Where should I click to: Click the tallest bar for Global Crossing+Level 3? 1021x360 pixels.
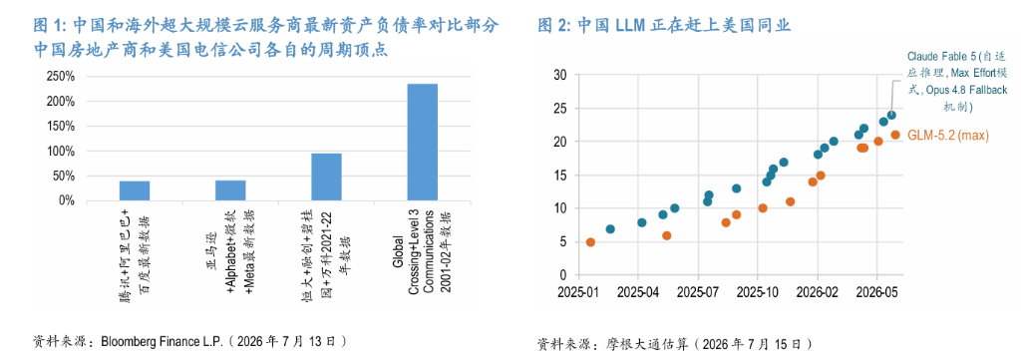click(422, 142)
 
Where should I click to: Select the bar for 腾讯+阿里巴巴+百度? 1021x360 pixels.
click(135, 190)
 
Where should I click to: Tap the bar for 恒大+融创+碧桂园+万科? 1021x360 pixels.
click(326, 178)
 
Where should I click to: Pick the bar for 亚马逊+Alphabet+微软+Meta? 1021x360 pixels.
click(230, 190)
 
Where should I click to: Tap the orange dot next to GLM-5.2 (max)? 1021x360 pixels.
click(895, 135)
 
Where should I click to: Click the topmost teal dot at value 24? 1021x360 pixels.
click(891, 116)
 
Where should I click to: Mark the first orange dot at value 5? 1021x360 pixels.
click(590, 242)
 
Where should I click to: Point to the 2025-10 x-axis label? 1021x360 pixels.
click(758, 292)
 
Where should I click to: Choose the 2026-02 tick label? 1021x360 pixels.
click(818, 292)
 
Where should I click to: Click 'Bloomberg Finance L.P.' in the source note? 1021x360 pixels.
click(161, 341)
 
